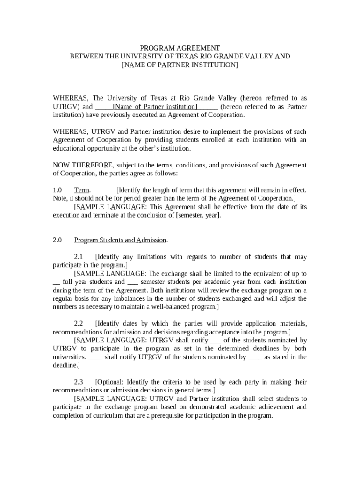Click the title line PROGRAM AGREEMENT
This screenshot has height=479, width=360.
tap(180, 48)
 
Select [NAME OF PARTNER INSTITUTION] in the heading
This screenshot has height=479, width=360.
tap(180, 65)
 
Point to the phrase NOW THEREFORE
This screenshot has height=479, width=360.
tap(83, 165)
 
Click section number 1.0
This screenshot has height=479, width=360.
tap(58, 190)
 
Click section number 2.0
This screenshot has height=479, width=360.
tap(58, 240)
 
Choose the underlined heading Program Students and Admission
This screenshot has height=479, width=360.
tap(120, 240)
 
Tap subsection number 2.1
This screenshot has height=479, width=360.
tap(79, 257)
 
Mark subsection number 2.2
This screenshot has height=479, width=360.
tap(79, 324)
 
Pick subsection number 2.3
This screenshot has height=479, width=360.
tap(79, 382)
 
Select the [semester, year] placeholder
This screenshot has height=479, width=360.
tap(198, 215)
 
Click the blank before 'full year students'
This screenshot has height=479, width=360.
tap(56, 282)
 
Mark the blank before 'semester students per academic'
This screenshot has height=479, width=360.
tap(133, 282)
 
